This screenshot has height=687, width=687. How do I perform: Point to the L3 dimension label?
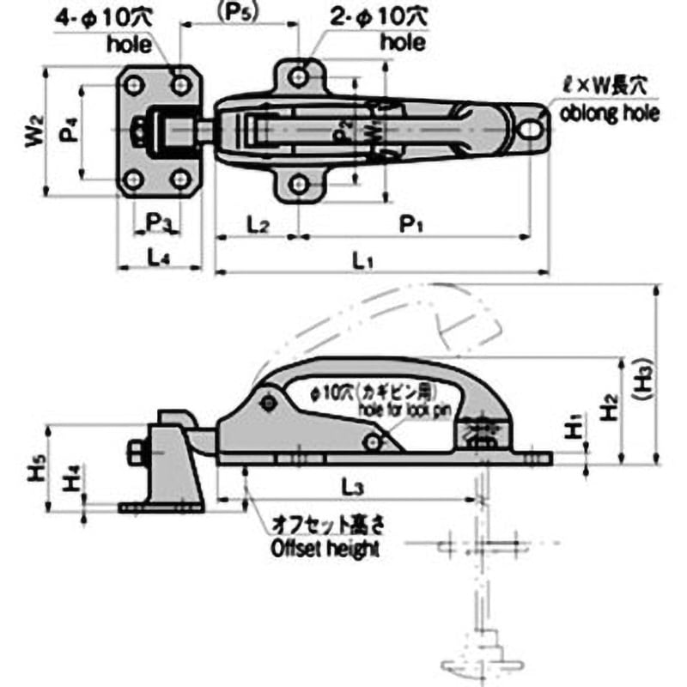(350, 487)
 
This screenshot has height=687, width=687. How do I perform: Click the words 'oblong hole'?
(610, 113)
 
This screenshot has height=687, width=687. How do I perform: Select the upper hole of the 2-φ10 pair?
(297, 76)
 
